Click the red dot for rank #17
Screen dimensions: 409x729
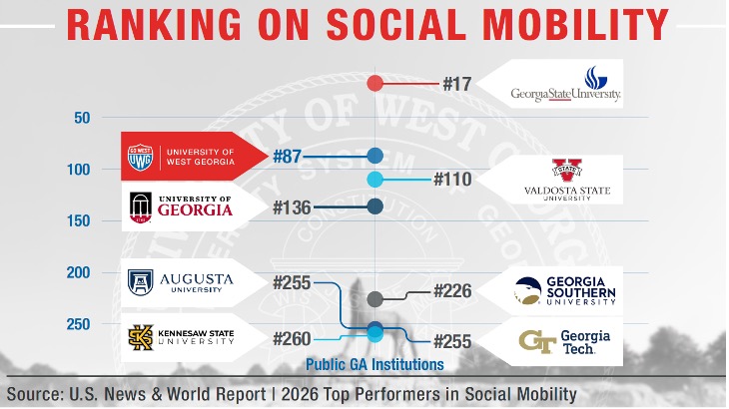[375, 83]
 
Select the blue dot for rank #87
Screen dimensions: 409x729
[375, 155]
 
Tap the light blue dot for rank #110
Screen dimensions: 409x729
[375, 180]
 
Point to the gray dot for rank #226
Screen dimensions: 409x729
[375, 298]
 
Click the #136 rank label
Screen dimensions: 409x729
[292, 207]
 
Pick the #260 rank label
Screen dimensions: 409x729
[292, 339]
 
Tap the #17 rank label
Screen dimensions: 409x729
[456, 84]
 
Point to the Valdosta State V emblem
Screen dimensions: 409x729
[565, 170]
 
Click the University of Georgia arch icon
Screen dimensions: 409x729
[140, 207]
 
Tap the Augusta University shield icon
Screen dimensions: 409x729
[140, 282]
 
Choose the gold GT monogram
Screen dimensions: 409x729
[538, 341]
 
